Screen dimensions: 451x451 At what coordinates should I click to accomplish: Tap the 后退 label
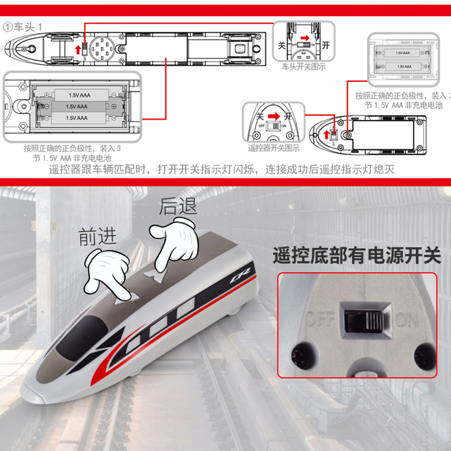pos(178,206)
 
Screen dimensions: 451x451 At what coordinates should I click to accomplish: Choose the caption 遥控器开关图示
pos(274,148)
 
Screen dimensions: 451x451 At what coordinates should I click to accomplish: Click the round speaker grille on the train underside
pos(102,45)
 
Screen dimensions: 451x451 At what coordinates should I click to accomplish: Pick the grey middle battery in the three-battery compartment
pos(77,106)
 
